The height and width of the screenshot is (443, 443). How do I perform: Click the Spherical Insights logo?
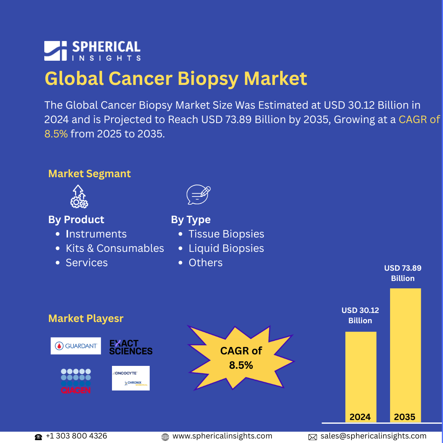tap(92, 51)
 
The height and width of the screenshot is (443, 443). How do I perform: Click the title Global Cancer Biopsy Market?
tap(176, 78)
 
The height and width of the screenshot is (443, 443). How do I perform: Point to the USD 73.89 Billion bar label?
tap(402, 273)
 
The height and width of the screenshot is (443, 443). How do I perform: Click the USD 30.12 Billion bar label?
tap(360, 315)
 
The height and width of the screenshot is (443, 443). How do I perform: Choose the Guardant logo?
tap(76, 346)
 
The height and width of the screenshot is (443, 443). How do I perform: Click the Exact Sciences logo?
tap(131, 347)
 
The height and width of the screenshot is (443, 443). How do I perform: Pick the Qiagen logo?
tap(76, 381)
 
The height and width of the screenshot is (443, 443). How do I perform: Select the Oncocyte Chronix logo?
tap(131, 378)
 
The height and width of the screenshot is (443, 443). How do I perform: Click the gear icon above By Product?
tap(79, 196)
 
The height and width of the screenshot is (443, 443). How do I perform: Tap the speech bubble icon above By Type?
tap(198, 195)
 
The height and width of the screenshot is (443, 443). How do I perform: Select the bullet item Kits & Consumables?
tap(114, 248)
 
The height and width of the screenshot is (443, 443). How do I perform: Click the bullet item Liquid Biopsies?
tap(226, 248)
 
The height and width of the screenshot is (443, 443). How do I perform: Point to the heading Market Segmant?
tap(89, 174)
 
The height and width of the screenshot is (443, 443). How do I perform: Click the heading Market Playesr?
tap(86, 318)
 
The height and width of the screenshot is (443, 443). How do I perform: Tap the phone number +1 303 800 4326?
tap(76, 436)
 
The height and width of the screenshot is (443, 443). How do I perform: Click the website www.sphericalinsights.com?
tap(222, 436)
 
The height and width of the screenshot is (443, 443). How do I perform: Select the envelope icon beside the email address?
tap(313, 437)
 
